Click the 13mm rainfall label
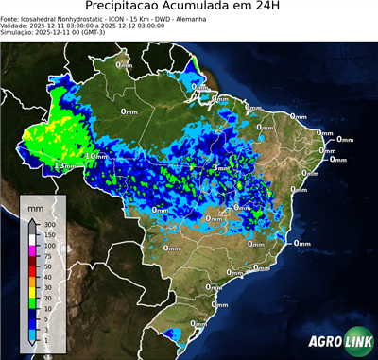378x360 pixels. coord(64,165)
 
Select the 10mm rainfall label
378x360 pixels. coord(96,156)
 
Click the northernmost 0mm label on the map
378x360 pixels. coord(124,65)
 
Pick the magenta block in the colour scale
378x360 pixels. coord(33,251)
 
